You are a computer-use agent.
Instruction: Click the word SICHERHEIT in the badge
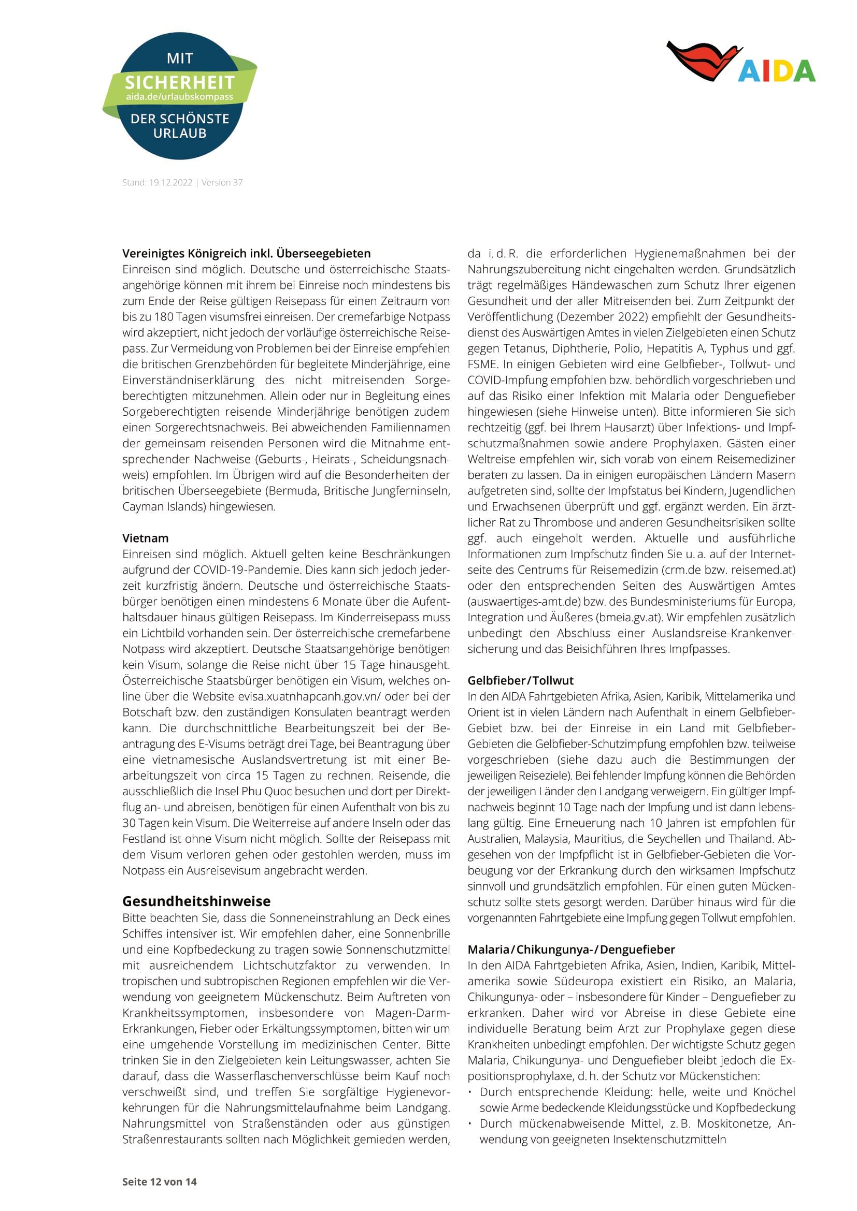[179, 83]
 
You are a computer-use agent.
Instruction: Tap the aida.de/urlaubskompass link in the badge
[179, 97]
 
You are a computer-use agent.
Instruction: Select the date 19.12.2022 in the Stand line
[170, 182]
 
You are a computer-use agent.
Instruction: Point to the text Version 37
[222, 182]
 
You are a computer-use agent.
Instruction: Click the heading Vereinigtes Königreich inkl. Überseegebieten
[247, 253]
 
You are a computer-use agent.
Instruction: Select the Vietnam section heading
[146, 538]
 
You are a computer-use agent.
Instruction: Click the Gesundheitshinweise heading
[196, 901]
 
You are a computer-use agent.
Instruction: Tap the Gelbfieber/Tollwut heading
[520, 680]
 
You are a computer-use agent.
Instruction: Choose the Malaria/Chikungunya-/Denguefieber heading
[571, 950]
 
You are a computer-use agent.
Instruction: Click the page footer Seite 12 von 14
[160, 1181]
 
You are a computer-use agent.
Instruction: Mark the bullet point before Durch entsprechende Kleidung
[469, 1092]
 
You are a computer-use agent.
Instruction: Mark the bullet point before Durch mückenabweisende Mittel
[469, 1124]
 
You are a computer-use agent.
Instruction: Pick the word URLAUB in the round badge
[179, 134]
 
